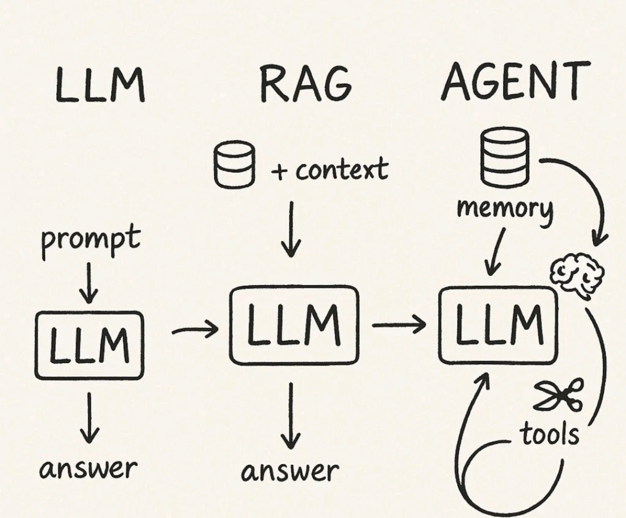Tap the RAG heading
pos(306,84)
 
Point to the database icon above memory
pos(505,158)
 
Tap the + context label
pos(329,170)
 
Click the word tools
pos(550,434)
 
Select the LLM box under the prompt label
pos(89,345)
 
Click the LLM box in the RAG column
pos(294,325)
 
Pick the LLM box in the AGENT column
pos(498,325)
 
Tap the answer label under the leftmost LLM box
pos(88,468)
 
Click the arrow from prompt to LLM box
pos(89,282)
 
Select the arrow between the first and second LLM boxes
pos(194,331)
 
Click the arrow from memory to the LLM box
pos(496,252)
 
